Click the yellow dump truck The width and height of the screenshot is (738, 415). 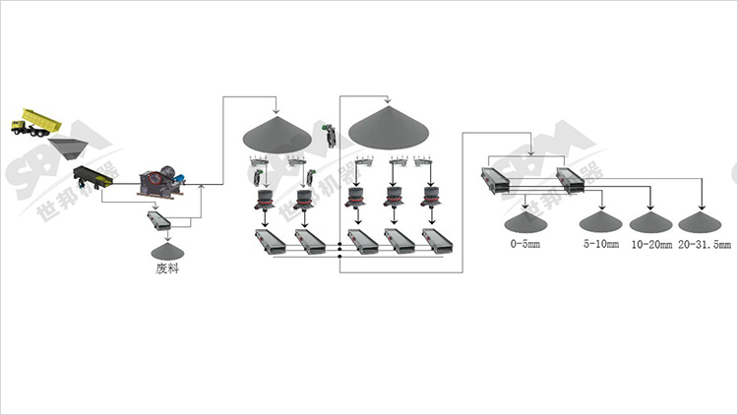(35, 124)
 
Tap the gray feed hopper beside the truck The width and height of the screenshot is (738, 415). (67, 148)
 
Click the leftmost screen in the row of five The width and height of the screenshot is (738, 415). (269, 241)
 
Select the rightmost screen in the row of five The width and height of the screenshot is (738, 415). (437, 241)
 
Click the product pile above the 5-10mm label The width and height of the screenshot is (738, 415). (599, 223)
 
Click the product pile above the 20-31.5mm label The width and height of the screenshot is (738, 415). (702, 222)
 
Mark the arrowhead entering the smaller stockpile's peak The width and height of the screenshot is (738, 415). (276, 109)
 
